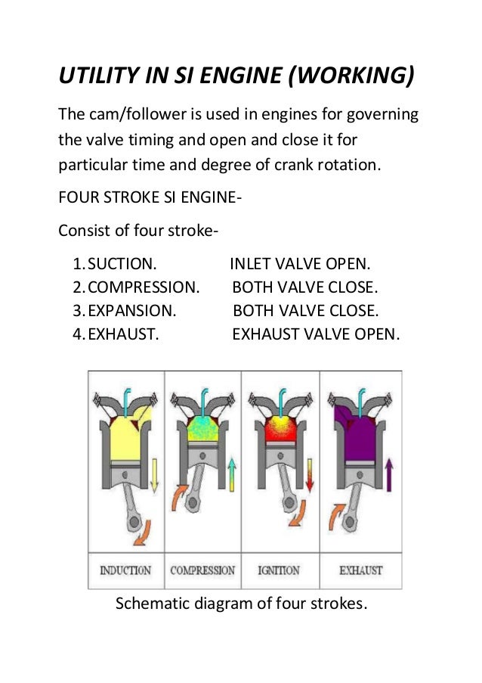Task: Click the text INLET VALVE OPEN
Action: [300, 265]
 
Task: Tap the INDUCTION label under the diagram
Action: [125, 570]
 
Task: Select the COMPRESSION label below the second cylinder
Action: [202, 570]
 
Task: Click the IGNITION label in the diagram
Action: [279, 570]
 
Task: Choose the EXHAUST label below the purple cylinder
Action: [360, 570]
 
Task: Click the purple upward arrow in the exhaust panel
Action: [389, 477]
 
